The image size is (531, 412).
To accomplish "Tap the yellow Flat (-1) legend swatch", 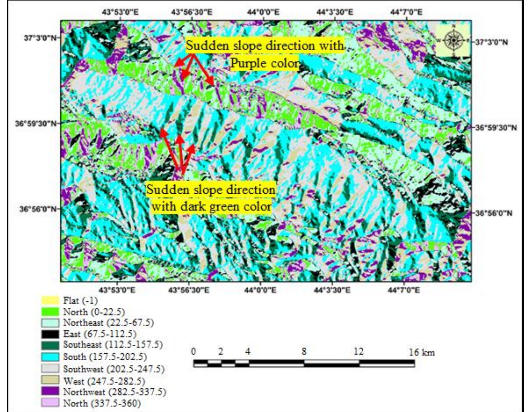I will coord(50,300).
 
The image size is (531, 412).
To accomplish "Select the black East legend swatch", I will coord(50,334).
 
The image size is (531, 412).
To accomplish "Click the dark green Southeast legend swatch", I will coord(50,345).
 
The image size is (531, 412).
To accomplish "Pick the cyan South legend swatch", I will coord(50,357).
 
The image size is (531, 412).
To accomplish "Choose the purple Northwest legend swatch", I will coord(50,391).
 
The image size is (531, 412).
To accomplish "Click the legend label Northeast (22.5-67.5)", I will coord(109,322).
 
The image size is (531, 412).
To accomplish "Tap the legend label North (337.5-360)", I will coord(102,403).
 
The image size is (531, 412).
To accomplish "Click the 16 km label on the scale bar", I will coord(422,352).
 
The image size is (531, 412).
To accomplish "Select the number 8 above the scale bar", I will coord(304,351).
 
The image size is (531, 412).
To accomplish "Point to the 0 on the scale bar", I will coord(194,351).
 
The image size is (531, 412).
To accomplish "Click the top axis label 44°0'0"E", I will coord(263,12).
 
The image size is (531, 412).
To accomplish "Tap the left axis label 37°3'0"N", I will coord(40,38).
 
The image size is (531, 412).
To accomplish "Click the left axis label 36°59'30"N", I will coord(36,123).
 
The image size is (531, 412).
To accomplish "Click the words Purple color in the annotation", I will coord(265,63).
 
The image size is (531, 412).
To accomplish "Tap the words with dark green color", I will coord(212,207).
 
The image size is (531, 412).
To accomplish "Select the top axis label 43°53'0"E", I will coord(120,12).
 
